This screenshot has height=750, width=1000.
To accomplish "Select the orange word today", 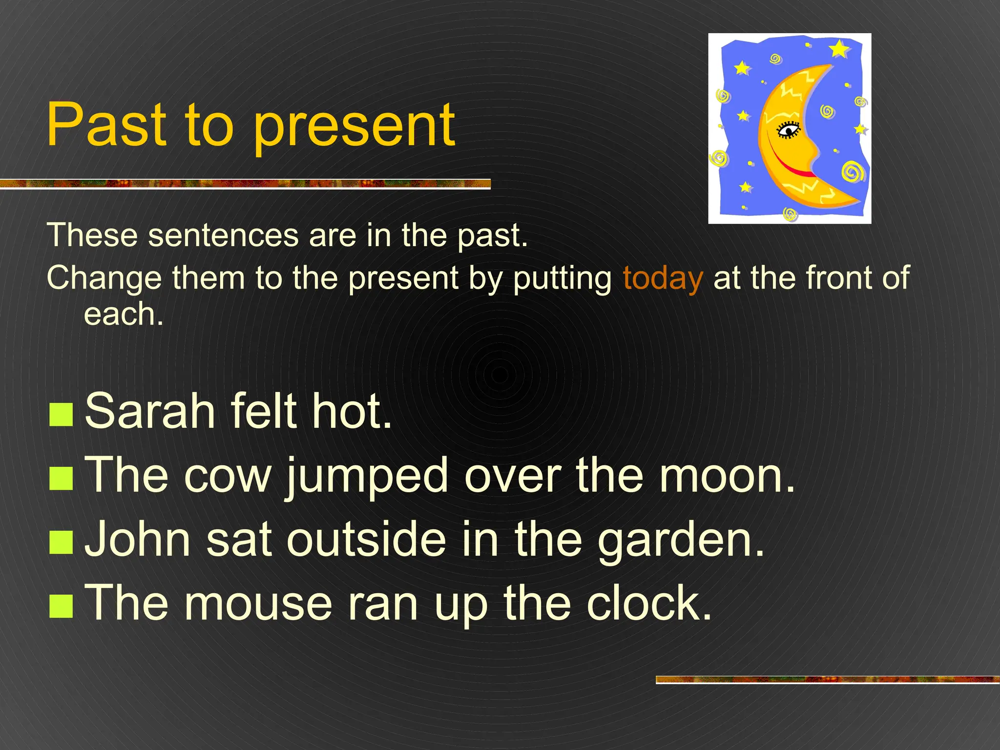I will click(x=663, y=278).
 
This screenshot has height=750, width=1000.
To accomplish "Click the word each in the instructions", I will click(x=123, y=314).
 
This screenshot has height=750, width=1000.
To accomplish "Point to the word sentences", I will click(x=223, y=235).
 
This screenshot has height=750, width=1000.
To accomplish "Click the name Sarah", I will click(x=149, y=411).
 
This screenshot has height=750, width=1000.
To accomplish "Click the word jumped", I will click(x=367, y=476).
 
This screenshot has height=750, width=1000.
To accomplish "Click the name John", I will click(x=137, y=540).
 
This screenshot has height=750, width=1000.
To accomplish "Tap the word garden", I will click(x=681, y=540).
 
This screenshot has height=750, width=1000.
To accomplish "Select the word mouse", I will click(x=258, y=604).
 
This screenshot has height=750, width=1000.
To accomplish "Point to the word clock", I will click(x=648, y=604).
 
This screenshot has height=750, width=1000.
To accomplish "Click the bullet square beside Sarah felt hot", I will click(x=61, y=414).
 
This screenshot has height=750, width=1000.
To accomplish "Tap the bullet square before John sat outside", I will click(x=61, y=542).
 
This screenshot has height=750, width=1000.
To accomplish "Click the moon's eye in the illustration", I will click(x=788, y=130).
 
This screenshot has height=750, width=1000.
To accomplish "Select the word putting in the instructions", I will click(x=562, y=278).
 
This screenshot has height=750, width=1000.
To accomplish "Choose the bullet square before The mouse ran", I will click(x=61, y=606).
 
